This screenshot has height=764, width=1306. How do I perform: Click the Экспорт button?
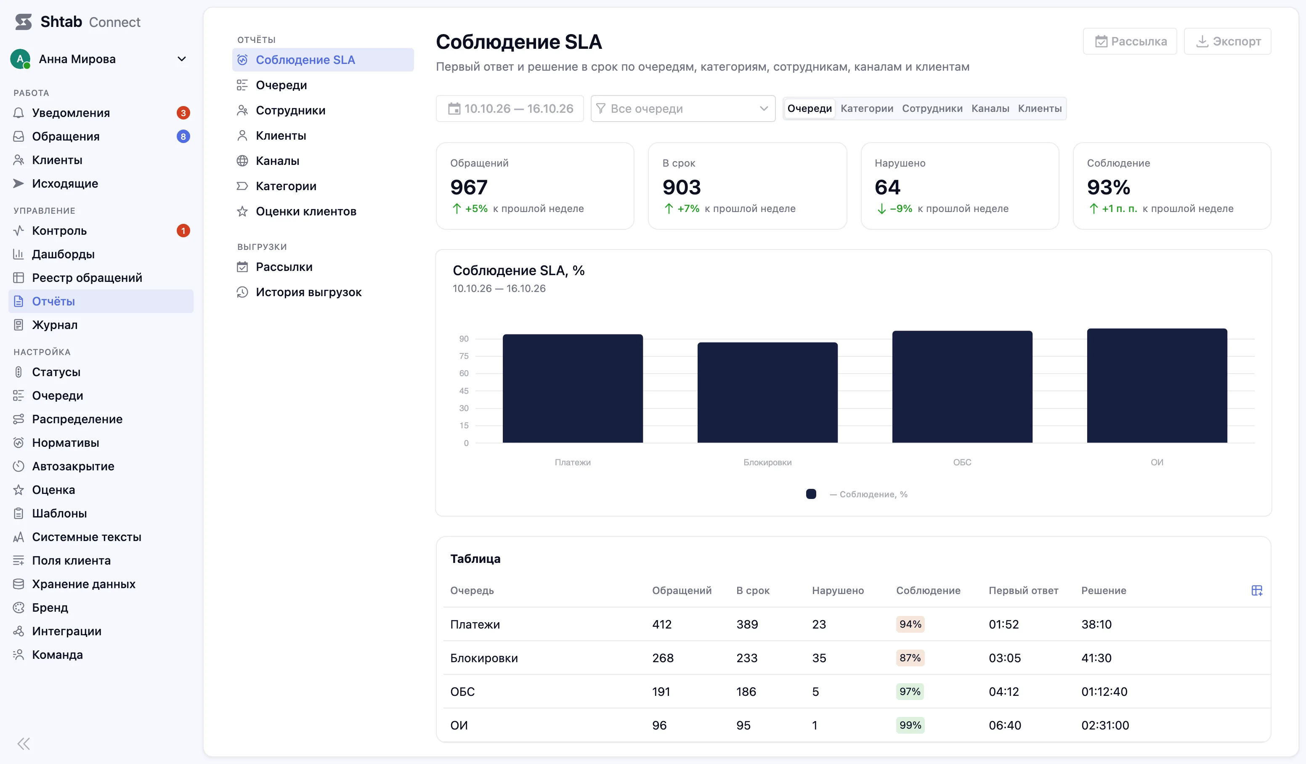tap(1227, 42)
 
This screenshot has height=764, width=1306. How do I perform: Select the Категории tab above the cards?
tap(866, 108)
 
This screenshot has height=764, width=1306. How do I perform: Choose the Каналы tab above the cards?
tap(990, 108)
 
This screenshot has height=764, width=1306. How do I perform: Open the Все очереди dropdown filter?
tap(682, 108)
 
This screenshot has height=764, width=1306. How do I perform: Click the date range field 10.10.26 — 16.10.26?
tap(510, 108)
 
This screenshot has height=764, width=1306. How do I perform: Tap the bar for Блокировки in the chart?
tap(767, 393)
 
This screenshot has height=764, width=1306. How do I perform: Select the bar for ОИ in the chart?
tap(1157, 386)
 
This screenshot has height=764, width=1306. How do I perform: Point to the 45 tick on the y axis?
tap(463, 391)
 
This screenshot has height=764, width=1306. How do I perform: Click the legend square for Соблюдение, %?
tap(811, 494)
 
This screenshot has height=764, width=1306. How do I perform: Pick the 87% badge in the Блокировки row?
tap(910, 658)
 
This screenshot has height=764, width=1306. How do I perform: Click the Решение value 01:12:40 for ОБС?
tap(1104, 692)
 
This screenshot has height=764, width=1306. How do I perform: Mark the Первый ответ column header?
tap(1023, 590)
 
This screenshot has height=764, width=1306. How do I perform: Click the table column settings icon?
tap(1257, 590)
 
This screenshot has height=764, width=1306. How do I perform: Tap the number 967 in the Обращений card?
tap(468, 187)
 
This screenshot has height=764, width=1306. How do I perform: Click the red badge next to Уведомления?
tap(183, 113)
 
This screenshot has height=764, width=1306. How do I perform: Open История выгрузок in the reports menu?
tap(309, 292)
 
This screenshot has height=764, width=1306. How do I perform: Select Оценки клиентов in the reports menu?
tap(306, 212)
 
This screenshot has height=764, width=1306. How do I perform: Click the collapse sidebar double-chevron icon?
tap(24, 744)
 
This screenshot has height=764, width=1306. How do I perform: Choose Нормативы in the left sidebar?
tap(65, 443)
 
